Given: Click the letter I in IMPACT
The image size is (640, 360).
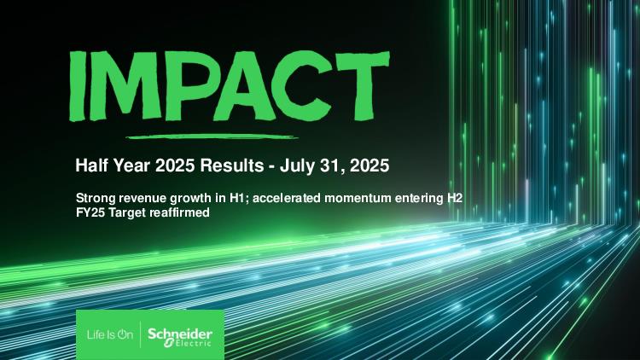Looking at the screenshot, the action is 77,86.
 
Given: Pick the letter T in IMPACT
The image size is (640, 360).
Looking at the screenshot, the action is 359,85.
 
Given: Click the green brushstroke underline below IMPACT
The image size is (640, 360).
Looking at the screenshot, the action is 212,136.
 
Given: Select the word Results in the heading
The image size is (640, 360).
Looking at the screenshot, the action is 231,165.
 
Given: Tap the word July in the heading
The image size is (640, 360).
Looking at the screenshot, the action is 294,166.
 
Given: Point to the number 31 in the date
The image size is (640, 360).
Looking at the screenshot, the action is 322,165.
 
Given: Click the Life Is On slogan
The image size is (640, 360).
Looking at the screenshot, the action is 110,334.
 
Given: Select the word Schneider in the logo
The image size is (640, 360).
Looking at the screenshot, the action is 180,334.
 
